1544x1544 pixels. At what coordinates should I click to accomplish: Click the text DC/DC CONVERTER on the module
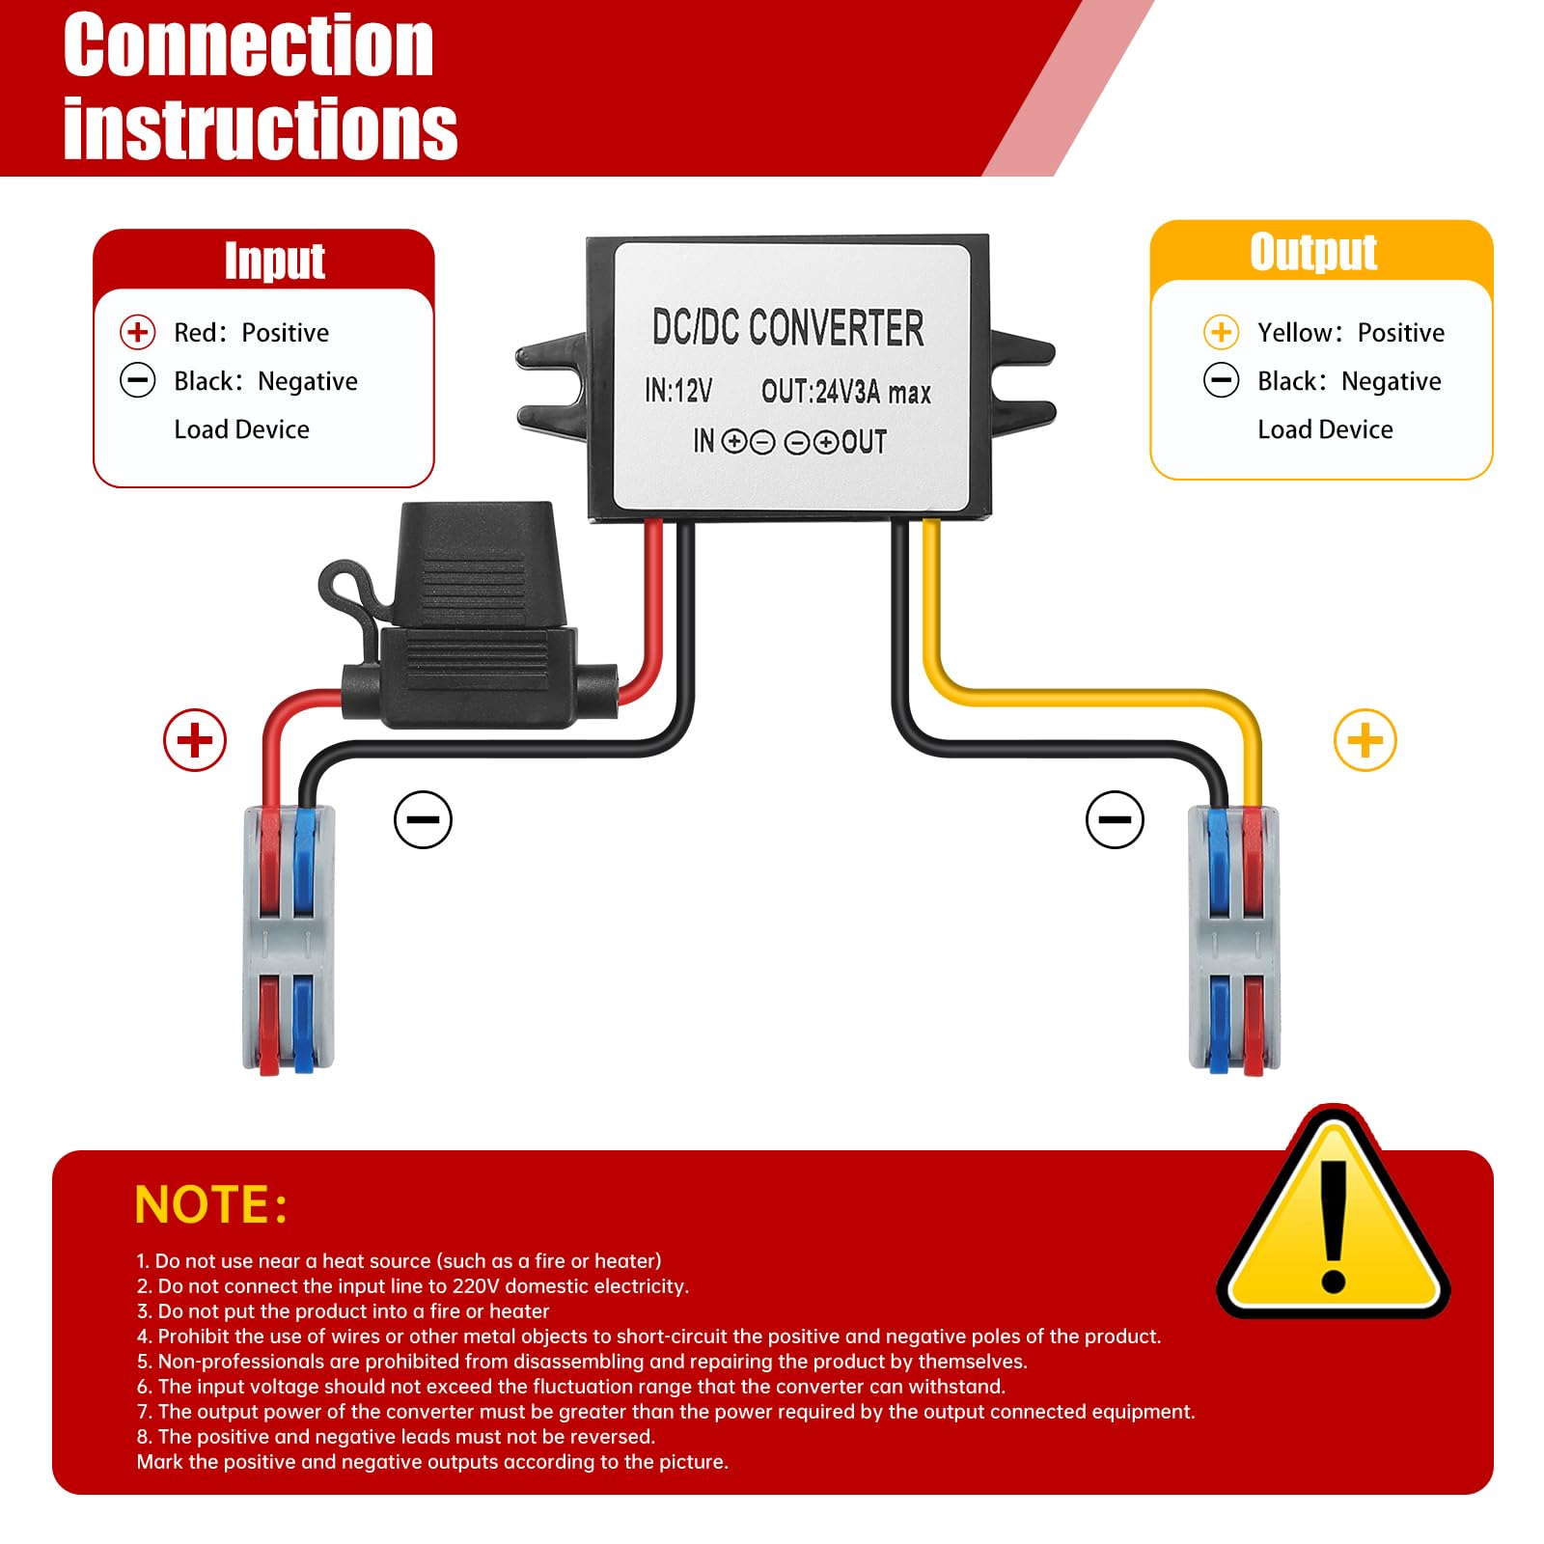tap(787, 328)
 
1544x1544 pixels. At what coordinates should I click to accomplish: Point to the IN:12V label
tap(678, 391)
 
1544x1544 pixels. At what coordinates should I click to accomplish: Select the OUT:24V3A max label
tap(845, 392)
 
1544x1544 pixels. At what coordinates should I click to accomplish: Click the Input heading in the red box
tap(274, 261)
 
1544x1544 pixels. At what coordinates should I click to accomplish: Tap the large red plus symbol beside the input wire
tap(195, 740)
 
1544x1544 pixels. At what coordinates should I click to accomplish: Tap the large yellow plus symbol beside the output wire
tap(1365, 740)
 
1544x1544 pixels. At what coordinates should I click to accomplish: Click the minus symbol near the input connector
tap(423, 819)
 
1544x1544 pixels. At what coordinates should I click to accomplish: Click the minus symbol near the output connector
tap(1115, 819)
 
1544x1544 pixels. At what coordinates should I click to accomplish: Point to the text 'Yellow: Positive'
tap(1350, 333)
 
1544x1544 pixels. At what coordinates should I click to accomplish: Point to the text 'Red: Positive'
tap(251, 333)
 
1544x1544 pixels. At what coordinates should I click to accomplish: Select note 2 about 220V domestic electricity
tap(413, 1286)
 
